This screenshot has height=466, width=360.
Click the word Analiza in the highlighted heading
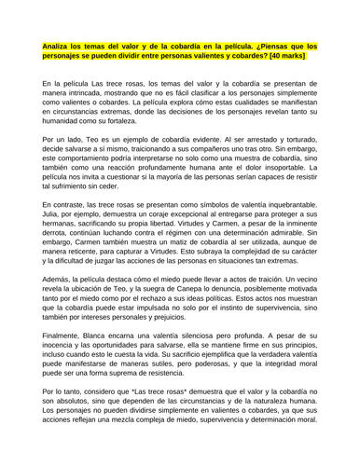[58, 44]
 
